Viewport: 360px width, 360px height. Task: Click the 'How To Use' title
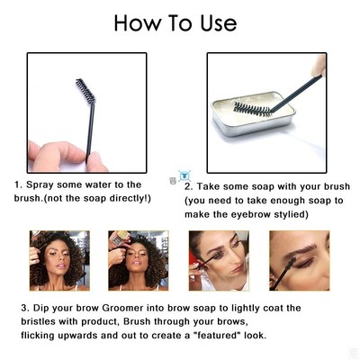point(180,22)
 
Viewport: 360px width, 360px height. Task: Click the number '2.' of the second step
point(190,185)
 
